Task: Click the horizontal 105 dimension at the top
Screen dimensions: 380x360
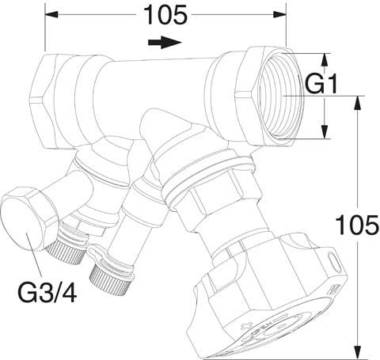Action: pyautogui.click(x=165, y=14)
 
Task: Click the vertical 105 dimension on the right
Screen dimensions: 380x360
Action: pyautogui.click(x=358, y=225)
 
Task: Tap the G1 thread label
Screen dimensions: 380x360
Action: pyautogui.click(x=321, y=84)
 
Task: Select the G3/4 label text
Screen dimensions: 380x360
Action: pyautogui.click(x=47, y=292)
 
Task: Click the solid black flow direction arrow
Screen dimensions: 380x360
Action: pyautogui.click(x=165, y=43)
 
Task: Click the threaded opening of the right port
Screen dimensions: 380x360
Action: pyautogui.click(x=280, y=96)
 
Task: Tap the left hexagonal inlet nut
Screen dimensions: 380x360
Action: pyautogui.click(x=45, y=100)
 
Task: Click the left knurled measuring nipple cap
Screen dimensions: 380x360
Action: pyautogui.click(x=66, y=251)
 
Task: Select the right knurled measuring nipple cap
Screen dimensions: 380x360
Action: pyautogui.click(x=110, y=280)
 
